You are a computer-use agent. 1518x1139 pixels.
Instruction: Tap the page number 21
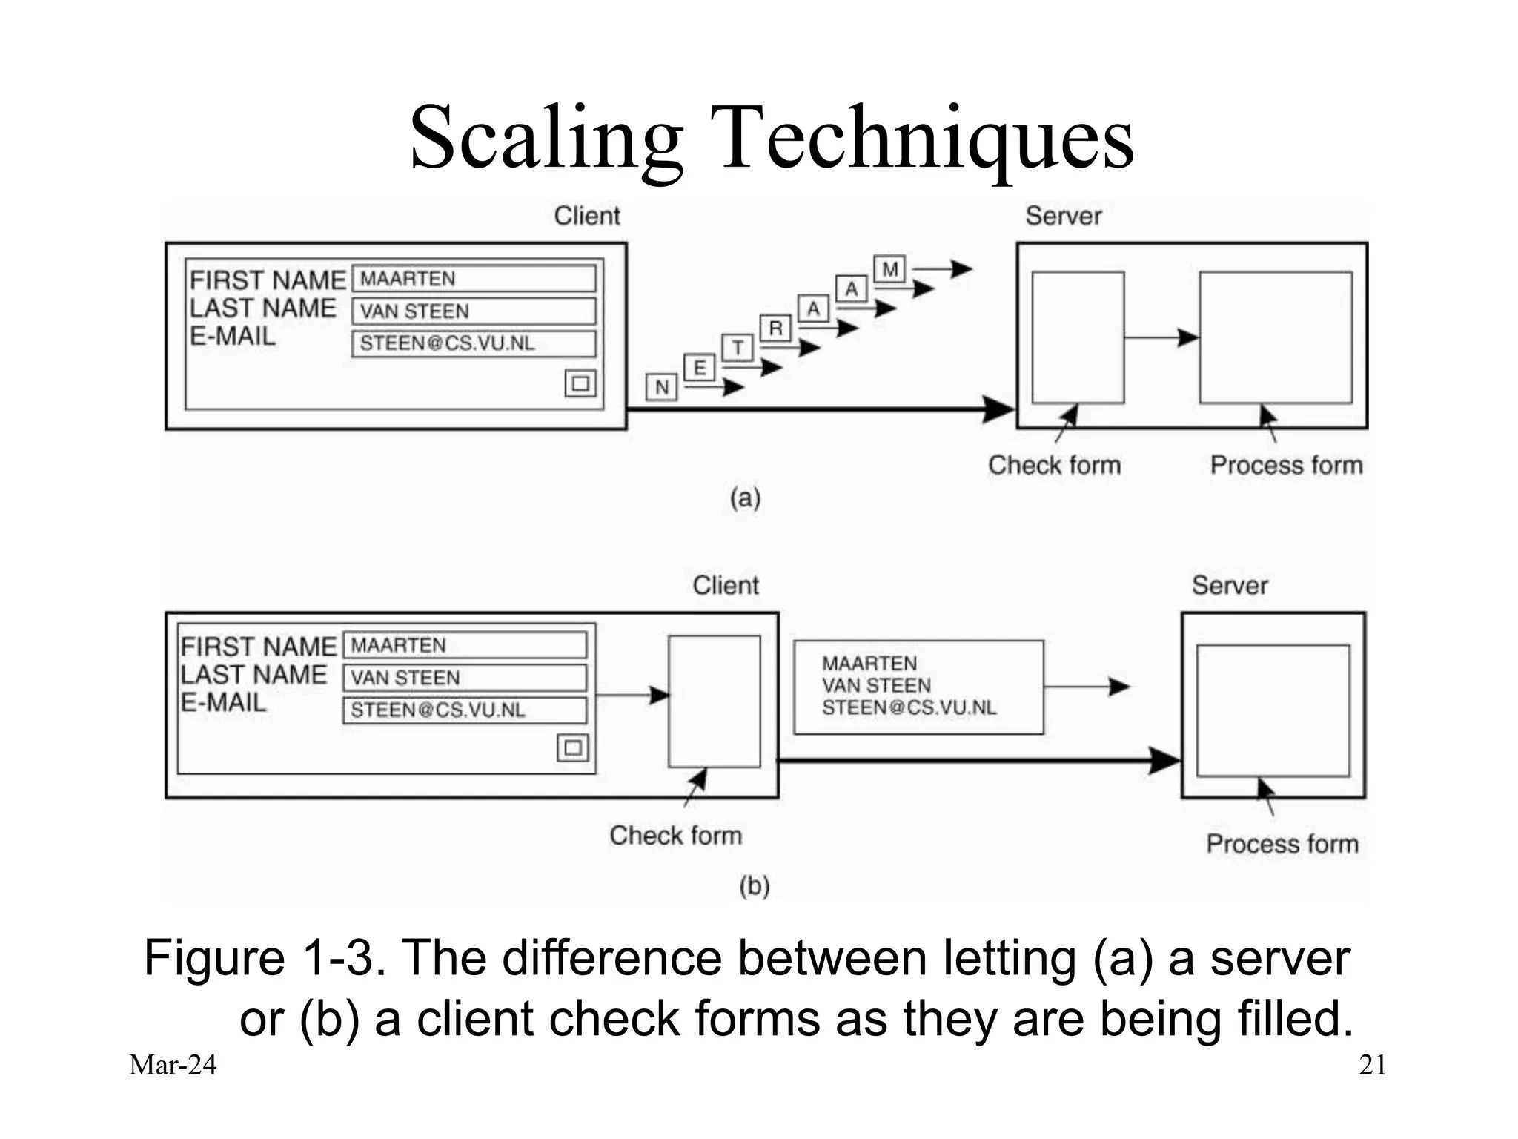pos(1372,1066)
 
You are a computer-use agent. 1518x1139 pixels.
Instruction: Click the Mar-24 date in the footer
pos(173,1066)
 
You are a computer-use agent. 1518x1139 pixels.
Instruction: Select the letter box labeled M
pos(890,268)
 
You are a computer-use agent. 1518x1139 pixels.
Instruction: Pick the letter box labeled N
pos(661,387)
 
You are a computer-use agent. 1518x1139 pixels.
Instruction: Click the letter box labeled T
pos(738,348)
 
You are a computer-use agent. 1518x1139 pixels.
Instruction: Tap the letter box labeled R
pos(776,328)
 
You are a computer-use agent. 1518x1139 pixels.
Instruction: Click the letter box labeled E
pos(699,368)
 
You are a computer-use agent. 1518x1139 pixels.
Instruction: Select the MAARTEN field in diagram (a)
pos(474,279)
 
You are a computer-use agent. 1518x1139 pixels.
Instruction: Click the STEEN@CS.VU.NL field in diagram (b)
pos(465,710)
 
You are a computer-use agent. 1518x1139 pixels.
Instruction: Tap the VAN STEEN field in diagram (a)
pos(474,311)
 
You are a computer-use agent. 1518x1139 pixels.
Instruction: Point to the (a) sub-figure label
pos(745,498)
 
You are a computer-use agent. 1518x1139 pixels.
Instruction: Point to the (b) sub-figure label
pos(754,886)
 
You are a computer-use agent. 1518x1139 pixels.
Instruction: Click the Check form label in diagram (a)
pos(1054,466)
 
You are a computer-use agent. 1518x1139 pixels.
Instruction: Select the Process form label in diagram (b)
pos(1282,844)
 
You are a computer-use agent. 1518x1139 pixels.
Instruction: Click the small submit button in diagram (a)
pos(580,383)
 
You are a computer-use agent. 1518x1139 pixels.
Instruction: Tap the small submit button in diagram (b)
pos(572,747)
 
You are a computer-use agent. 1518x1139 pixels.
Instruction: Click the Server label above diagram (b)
pos(1230,586)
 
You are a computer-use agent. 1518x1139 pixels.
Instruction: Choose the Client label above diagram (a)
pos(586,217)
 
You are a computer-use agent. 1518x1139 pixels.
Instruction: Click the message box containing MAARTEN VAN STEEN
pos(918,687)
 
